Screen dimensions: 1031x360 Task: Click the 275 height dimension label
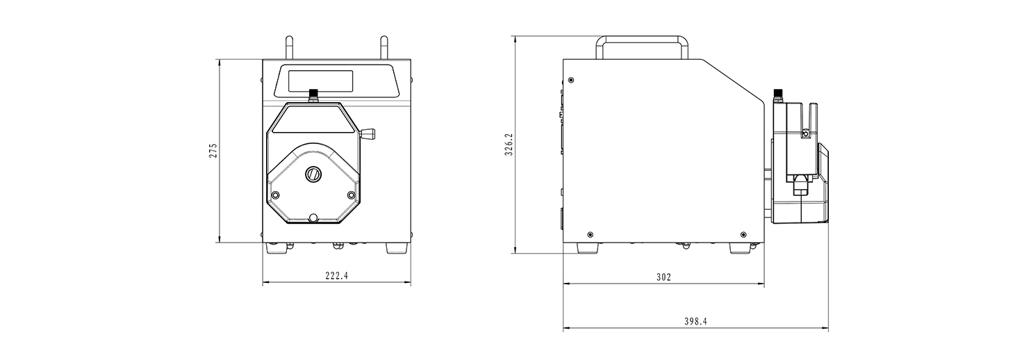click(x=213, y=151)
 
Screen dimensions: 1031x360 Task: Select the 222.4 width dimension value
click(x=337, y=276)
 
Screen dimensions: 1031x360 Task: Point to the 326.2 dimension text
click(x=509, y=145)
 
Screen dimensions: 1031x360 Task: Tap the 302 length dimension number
click(x=663, y=277)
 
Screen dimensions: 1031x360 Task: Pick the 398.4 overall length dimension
click(x=695, y=322)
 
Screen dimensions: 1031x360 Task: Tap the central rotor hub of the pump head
click(x=313, y=174)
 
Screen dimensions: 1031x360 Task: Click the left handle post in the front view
click(x=290, y=47)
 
